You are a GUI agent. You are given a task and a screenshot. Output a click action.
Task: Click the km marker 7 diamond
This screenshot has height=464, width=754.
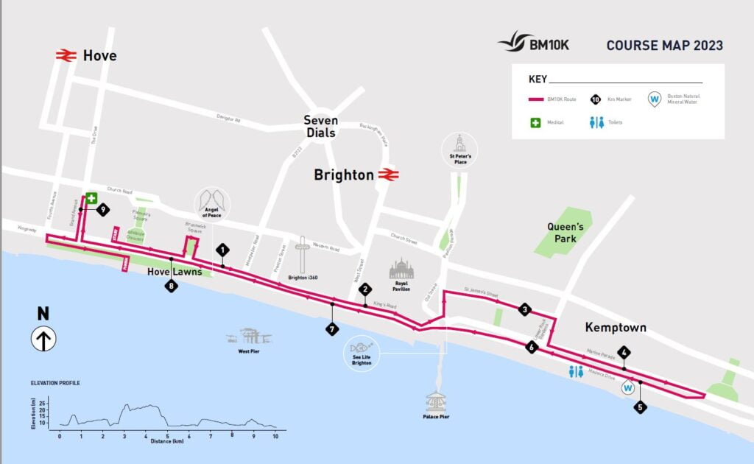(332, 329)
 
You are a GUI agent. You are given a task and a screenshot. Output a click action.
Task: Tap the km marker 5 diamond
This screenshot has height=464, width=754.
(641, 406)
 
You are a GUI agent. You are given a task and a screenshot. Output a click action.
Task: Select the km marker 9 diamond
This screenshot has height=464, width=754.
(102, 210)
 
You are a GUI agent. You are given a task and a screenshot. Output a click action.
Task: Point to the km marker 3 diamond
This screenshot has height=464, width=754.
(524, 309)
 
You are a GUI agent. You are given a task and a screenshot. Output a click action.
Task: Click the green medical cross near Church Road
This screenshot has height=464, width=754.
(91, 198)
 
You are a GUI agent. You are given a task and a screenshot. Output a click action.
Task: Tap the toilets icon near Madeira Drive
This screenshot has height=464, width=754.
(577, 373)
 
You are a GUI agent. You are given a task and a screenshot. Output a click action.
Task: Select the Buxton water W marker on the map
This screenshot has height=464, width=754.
(629, 387)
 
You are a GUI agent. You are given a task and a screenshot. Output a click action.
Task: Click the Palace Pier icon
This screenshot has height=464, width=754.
(436, 402)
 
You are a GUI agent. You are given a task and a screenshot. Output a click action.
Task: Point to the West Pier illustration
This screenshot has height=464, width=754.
(250, 337)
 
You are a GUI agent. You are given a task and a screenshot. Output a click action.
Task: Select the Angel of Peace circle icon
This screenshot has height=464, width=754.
(212, 203)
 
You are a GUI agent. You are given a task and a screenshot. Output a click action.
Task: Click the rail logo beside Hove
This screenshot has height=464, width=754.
(66, 55)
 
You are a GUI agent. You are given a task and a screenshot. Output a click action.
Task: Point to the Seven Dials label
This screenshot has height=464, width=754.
(321, 127)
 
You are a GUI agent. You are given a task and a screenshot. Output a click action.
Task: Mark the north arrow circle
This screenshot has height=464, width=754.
(43, 340)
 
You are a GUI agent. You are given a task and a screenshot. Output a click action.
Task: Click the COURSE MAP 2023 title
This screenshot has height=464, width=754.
(664, 46)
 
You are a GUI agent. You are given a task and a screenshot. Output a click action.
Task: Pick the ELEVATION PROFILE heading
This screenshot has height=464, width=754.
(55, 384)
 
